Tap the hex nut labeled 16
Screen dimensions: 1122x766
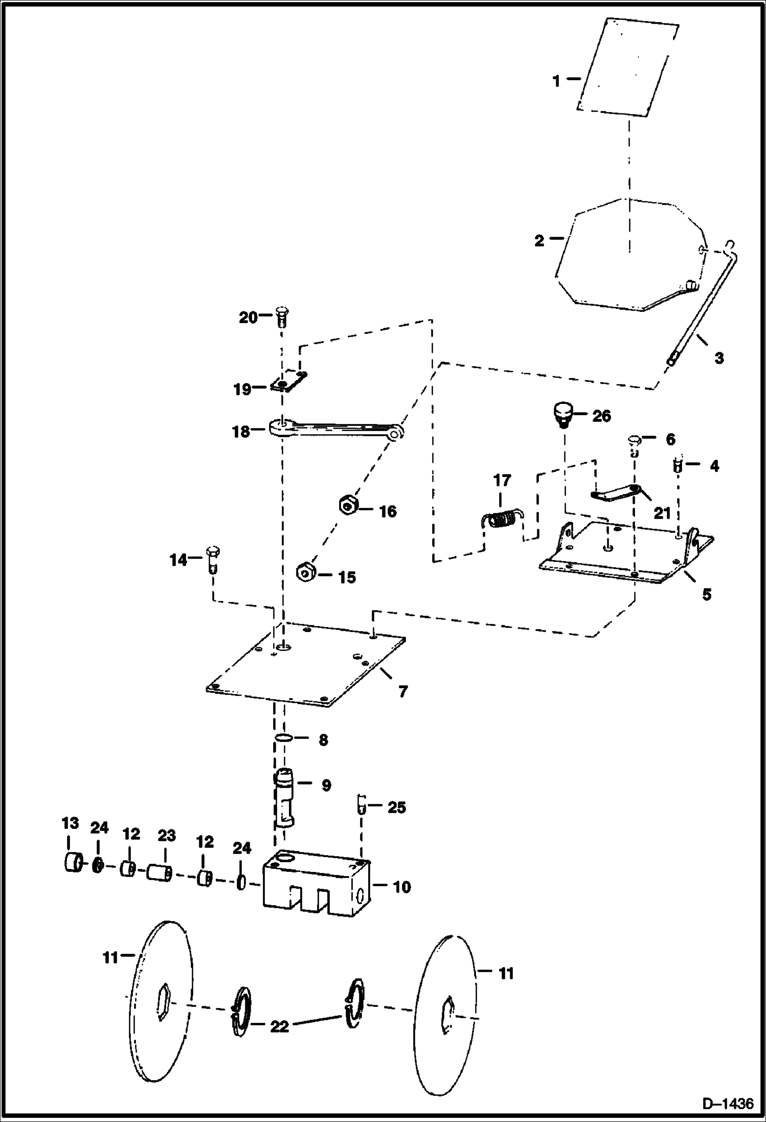348,505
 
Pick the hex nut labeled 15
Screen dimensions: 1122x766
305,571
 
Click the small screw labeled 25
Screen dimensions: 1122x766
362,803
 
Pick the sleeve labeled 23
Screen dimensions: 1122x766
159,871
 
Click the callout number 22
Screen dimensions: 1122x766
279,1026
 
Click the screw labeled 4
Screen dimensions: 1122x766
678,465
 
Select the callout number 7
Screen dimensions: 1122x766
403,691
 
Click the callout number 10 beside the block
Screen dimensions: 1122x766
401,887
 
